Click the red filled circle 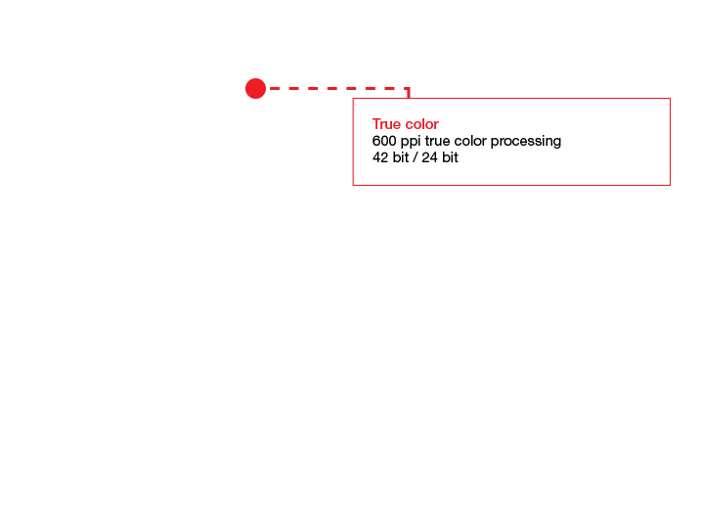click(255, 89)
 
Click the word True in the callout click(385, 124)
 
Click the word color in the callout click(420, 124)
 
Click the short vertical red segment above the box click(408, 94)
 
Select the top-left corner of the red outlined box click(353, 99)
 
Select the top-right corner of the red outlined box click(669, 99)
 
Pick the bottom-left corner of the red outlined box click(353, 185)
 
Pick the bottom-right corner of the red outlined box click(669, 185)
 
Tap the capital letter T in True click(375, 124)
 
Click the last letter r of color click(436, 125)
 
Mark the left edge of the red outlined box click(353, 142)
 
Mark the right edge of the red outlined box click(669, 142)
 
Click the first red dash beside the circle click(275, 89)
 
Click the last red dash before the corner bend click(400, 89)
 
